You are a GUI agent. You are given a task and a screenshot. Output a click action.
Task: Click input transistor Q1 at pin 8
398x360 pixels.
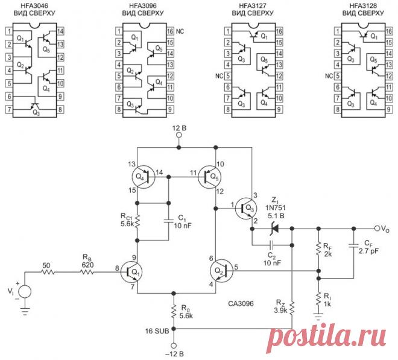coord(131,273)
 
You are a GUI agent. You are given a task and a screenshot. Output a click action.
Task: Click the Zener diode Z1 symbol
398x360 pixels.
coord(274,229)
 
